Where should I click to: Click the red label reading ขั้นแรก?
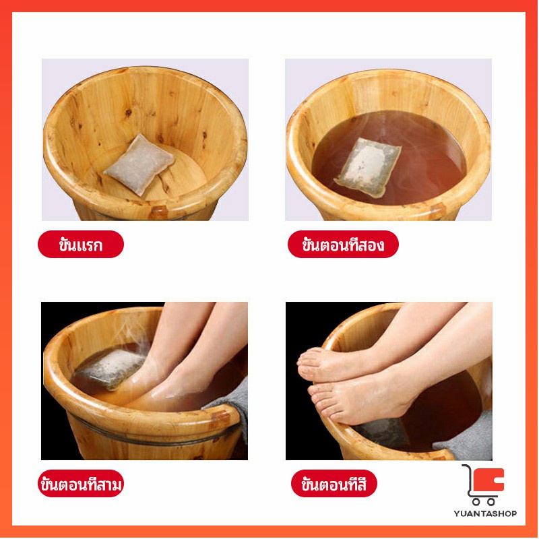81,244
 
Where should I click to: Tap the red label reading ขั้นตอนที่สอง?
343,244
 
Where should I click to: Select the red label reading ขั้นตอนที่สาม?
81,483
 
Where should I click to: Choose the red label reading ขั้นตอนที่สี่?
334,483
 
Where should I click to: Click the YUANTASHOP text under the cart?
485,513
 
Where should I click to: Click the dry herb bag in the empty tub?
139,164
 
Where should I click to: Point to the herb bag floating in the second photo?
368,167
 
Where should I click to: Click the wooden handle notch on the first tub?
158,212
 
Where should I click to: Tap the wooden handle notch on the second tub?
437,210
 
